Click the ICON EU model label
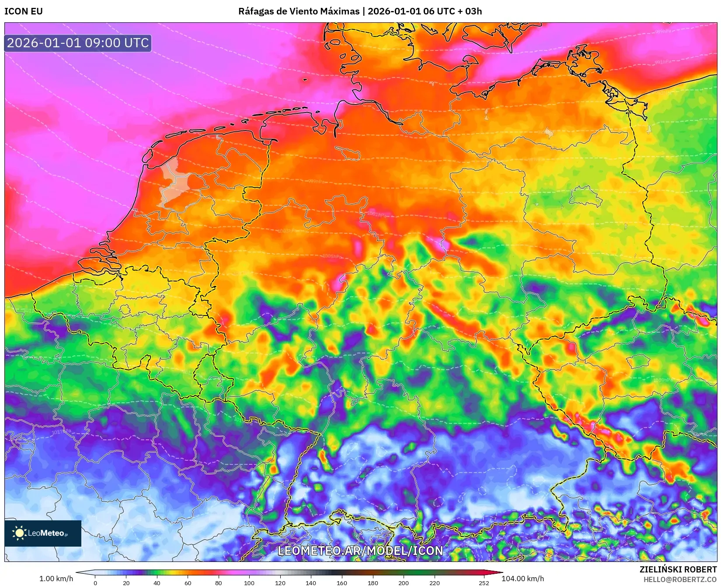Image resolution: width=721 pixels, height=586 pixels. [x=24, y=11]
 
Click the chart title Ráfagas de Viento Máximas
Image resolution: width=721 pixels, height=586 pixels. [x=299, y=11]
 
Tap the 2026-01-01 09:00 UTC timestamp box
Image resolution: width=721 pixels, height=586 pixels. [x=78, y=43]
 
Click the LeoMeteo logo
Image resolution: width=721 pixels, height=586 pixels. [x=43, y=533]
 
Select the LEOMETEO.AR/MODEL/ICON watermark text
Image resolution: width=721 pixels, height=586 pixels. [x=360, y=551]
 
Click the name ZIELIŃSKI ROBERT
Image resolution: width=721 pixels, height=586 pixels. [x=678, y=569]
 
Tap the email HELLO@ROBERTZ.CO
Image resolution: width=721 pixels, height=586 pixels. [x=679, y=579]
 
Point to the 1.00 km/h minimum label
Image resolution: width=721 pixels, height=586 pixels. [x=56, y=579]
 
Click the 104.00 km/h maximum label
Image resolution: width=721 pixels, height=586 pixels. [x=522, y=579]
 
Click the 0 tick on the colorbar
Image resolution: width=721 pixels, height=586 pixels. [x=95, y=582]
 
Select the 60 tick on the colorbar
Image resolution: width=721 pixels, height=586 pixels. [x=188, y=582]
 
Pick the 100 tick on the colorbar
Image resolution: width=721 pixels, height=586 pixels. [x=249, y=582]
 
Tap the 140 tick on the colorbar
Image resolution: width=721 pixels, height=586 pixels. [x=311, y=582]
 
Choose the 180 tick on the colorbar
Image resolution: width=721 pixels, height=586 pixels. [x=373, y=582]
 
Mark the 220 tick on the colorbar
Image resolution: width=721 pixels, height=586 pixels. [x=434, y=582]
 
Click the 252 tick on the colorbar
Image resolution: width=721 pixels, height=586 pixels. [x=484, y=582]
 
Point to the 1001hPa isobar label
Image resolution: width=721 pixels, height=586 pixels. [x=376, y=214]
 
